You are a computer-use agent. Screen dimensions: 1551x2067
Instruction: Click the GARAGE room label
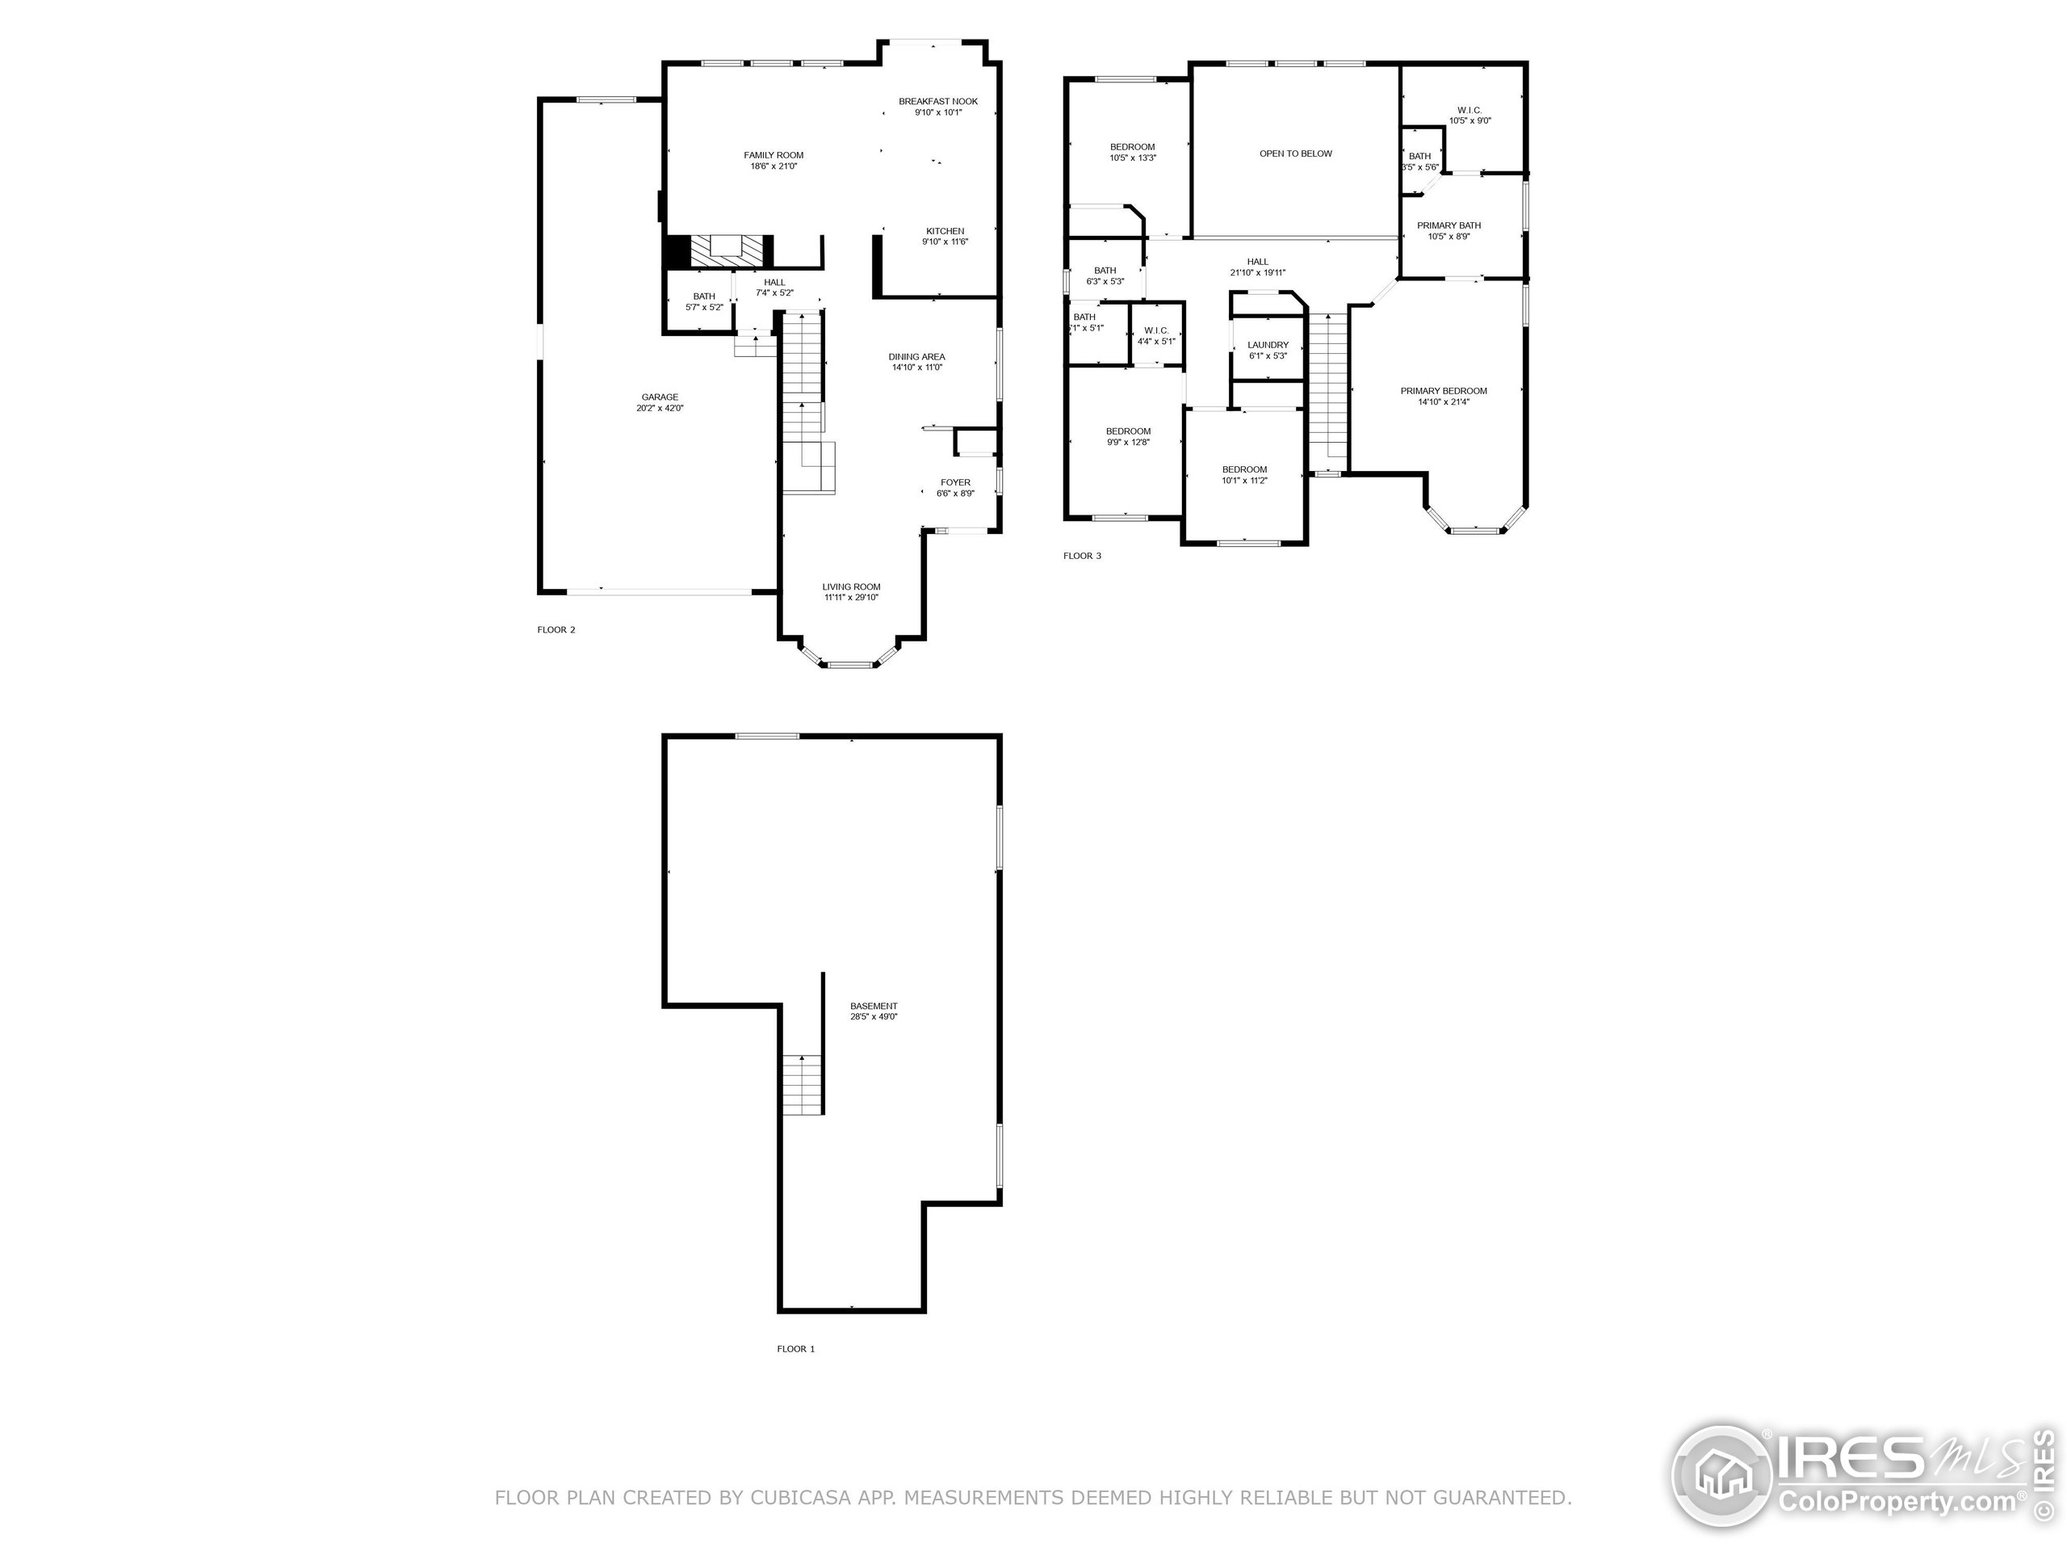(x=660, y=397)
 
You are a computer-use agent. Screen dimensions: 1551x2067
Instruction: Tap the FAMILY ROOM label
(x=774, y=155)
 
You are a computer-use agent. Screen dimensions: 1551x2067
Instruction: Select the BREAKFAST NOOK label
(x=938, y=101)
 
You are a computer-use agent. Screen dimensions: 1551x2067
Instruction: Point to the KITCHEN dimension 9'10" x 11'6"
(x=945, y=242)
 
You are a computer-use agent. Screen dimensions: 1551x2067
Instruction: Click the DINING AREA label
(x=916, y=356)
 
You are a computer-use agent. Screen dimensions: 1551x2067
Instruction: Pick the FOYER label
(x=955, y=482)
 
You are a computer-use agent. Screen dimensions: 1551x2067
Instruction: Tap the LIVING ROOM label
(x=851, y=587)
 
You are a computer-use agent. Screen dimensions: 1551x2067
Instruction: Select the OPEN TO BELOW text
(x=1295, y=153)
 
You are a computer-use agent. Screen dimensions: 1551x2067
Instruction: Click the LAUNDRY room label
(x=1268, y=345)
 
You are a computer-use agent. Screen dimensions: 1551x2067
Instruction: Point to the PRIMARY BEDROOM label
(x=1444, y=391)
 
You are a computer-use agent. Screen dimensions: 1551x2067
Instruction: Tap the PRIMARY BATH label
(x=1449, y=225)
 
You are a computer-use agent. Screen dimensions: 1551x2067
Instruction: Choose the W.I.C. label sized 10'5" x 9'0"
(x=1469, y=111)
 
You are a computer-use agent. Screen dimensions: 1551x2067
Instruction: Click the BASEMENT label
(x=874, y=1006)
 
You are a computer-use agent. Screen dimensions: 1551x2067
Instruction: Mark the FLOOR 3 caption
(x=1082, y=557)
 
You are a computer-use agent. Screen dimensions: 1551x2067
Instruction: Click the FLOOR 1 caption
(x=796, y=1349)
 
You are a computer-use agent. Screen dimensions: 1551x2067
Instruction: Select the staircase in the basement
(x=803, y=1084)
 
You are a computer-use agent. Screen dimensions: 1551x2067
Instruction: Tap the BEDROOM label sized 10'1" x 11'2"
(x=1245, y=469)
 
